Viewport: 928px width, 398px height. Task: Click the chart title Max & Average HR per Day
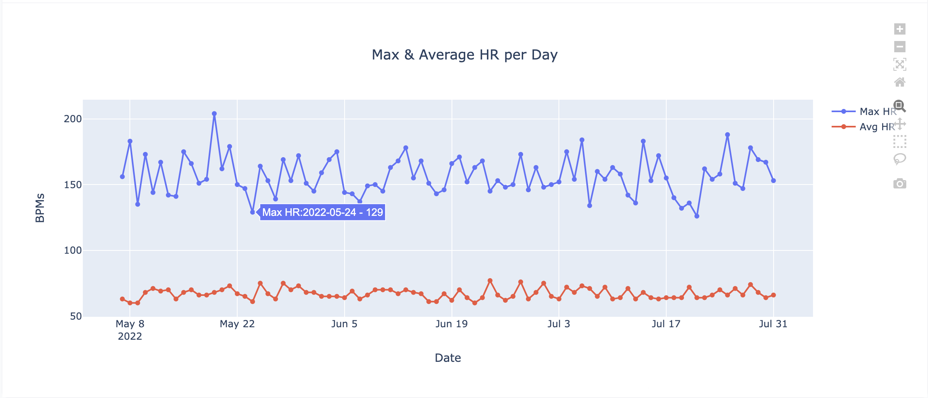[464, 55]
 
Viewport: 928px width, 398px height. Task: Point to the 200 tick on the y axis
[73, 119]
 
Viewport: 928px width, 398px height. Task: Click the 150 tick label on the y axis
[73, 185]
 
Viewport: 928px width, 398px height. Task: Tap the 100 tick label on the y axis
[73, 250]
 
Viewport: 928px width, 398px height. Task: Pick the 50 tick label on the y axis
[76, 316]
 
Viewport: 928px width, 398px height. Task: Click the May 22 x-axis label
[237, 324]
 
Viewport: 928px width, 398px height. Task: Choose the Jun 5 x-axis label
[344, 324]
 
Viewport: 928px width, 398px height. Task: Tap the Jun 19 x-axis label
[452, 324]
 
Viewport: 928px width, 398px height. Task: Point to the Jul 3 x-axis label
[558, 324]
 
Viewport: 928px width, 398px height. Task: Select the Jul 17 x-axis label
[666, 324]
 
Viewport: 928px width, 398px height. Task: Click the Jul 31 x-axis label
[773, 324]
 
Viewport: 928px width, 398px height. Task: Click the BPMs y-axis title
[40, 208]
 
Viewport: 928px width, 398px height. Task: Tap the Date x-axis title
[448, 358]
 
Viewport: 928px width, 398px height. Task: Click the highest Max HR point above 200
[214, 114]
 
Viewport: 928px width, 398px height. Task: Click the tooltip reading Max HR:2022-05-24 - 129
[322, 212]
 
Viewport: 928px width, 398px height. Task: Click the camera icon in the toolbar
[899, 184]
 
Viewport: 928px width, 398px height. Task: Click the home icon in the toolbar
[899, 82]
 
